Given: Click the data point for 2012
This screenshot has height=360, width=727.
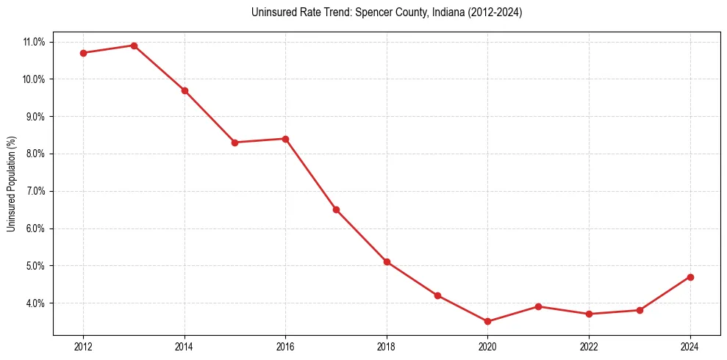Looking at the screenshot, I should click(x=83, y=53).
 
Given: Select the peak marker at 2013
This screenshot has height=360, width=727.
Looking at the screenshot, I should click(x=134, y=46).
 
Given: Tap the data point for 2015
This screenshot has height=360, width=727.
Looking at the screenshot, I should click(x=235, y=143).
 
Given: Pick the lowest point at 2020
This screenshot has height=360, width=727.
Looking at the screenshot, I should click(x=488, y=321).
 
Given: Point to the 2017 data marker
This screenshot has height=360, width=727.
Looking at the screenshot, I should click(x=336, y=209).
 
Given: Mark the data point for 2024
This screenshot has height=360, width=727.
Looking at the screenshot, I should click(x=690, y=277).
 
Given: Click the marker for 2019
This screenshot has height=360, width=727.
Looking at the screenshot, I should click(x=437, y=295).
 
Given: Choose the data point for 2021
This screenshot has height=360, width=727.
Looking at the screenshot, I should click(x=539, y=306).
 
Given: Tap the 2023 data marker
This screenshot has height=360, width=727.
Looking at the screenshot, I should click(x=640, y=310).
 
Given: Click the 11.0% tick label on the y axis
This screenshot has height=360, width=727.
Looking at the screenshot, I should click(x=34, y=42).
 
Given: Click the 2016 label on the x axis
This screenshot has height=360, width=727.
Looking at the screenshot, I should click(x=285, y=346).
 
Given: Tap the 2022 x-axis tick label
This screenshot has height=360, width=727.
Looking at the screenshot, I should click(x=589, y=346).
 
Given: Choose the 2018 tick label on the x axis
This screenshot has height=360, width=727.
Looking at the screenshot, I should click(x=387, y=346).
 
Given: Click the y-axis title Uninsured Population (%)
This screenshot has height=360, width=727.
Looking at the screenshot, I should click(x=12, y=184).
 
